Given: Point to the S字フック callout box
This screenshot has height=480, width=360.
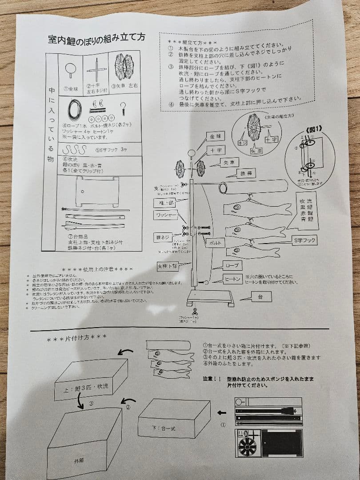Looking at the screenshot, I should pos(304,240).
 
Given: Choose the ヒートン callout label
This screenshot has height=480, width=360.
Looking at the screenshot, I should pos(232,279).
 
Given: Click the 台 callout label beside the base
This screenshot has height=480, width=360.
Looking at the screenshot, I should pos(261,296).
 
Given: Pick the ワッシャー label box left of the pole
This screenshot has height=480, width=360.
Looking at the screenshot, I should pos(166,216).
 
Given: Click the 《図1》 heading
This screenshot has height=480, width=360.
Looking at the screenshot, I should pos(314,129).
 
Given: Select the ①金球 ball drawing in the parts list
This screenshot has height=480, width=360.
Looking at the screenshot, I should pos(70,68).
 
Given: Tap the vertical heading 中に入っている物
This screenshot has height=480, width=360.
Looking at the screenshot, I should pos(52,124).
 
